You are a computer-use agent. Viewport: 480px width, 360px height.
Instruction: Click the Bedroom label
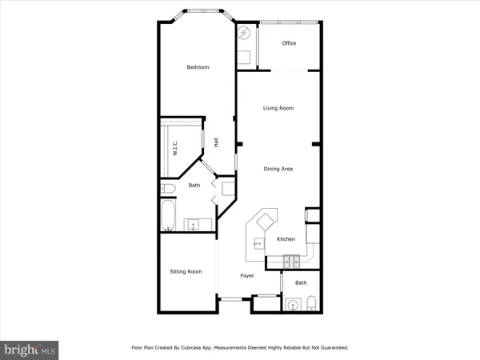(198, 67)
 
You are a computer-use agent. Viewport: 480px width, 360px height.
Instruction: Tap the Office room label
(289, 43)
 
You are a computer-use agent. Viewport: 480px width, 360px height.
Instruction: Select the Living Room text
(279, 108)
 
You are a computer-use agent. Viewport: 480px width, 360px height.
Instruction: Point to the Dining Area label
(278, 169)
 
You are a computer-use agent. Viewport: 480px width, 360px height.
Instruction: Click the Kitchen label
(286, 239)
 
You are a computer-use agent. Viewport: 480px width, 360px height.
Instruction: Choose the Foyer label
(247, 276)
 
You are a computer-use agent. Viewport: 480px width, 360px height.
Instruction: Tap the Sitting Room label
(186, 272)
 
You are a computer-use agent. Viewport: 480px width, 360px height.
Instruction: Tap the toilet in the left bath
(167, 189)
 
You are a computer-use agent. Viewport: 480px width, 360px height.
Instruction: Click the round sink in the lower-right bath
(292, 304)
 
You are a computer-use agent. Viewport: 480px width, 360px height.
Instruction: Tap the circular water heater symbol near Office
(245, 34)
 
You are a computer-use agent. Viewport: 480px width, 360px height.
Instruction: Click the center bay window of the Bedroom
(198, 13)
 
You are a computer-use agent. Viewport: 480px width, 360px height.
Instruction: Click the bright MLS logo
(30, 349)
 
